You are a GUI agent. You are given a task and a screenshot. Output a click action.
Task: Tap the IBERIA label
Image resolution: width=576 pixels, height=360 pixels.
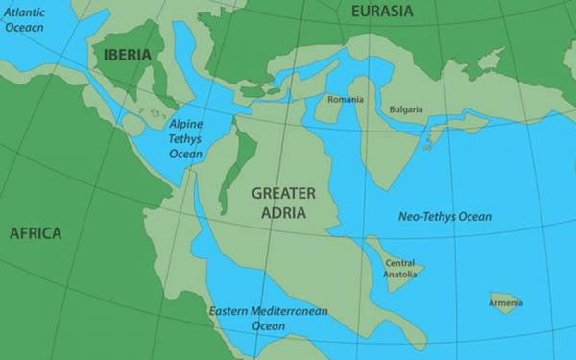pos(127,55)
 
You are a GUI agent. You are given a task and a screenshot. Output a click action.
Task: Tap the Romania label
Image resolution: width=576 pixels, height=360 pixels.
pos(345,100)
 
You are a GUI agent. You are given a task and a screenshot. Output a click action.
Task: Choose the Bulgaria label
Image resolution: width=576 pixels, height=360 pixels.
pos(406,109)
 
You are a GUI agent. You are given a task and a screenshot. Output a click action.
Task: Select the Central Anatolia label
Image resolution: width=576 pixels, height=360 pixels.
pos(399,269)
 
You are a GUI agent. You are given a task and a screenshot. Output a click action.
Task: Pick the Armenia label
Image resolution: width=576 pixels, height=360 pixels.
pos(505,303)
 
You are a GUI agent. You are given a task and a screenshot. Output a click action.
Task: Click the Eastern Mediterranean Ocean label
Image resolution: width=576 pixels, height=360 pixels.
pos(268,319)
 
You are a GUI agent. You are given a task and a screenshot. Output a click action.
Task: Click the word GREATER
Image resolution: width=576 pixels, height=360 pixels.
pos(283,193)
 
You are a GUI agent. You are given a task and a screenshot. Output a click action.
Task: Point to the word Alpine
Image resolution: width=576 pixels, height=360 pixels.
pos(186,125)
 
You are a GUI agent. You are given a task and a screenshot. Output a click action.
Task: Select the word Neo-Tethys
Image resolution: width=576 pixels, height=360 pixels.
pos(425,217)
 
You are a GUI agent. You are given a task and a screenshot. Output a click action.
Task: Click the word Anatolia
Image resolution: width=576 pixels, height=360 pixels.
pos(399,275)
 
